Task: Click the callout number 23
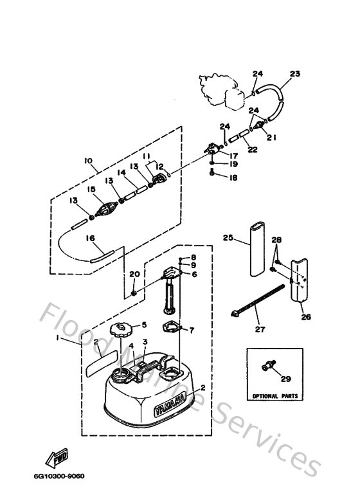tap(295, 74)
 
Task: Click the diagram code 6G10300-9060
tap(64, 476)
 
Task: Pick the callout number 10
tap(88, 159)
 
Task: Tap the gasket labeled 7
tap(170, 328)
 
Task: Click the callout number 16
tap(90, 238)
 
